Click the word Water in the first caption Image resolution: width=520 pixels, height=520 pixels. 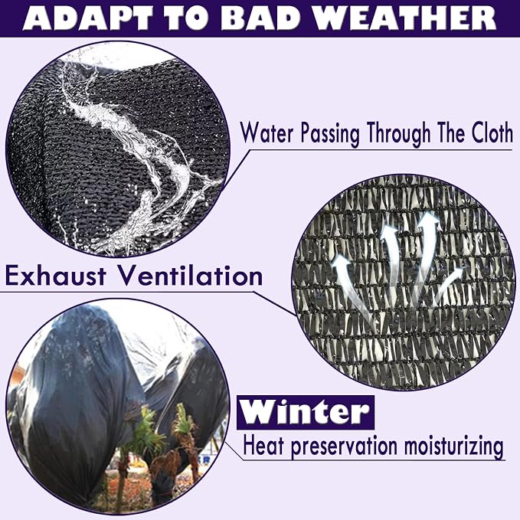[267, 133]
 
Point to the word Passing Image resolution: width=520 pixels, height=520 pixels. [330, 134]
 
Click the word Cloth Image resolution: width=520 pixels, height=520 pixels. [492, 132]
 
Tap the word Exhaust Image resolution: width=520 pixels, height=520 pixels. [56, 276]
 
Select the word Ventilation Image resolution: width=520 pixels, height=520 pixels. [191, 276]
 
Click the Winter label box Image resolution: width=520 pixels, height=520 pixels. [306, 412]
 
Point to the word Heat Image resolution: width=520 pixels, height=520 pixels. [263, 446]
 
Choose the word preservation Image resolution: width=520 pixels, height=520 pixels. [344, 446]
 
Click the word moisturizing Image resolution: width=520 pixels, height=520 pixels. [454, 446]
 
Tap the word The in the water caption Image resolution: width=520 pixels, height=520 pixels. [450, 132]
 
